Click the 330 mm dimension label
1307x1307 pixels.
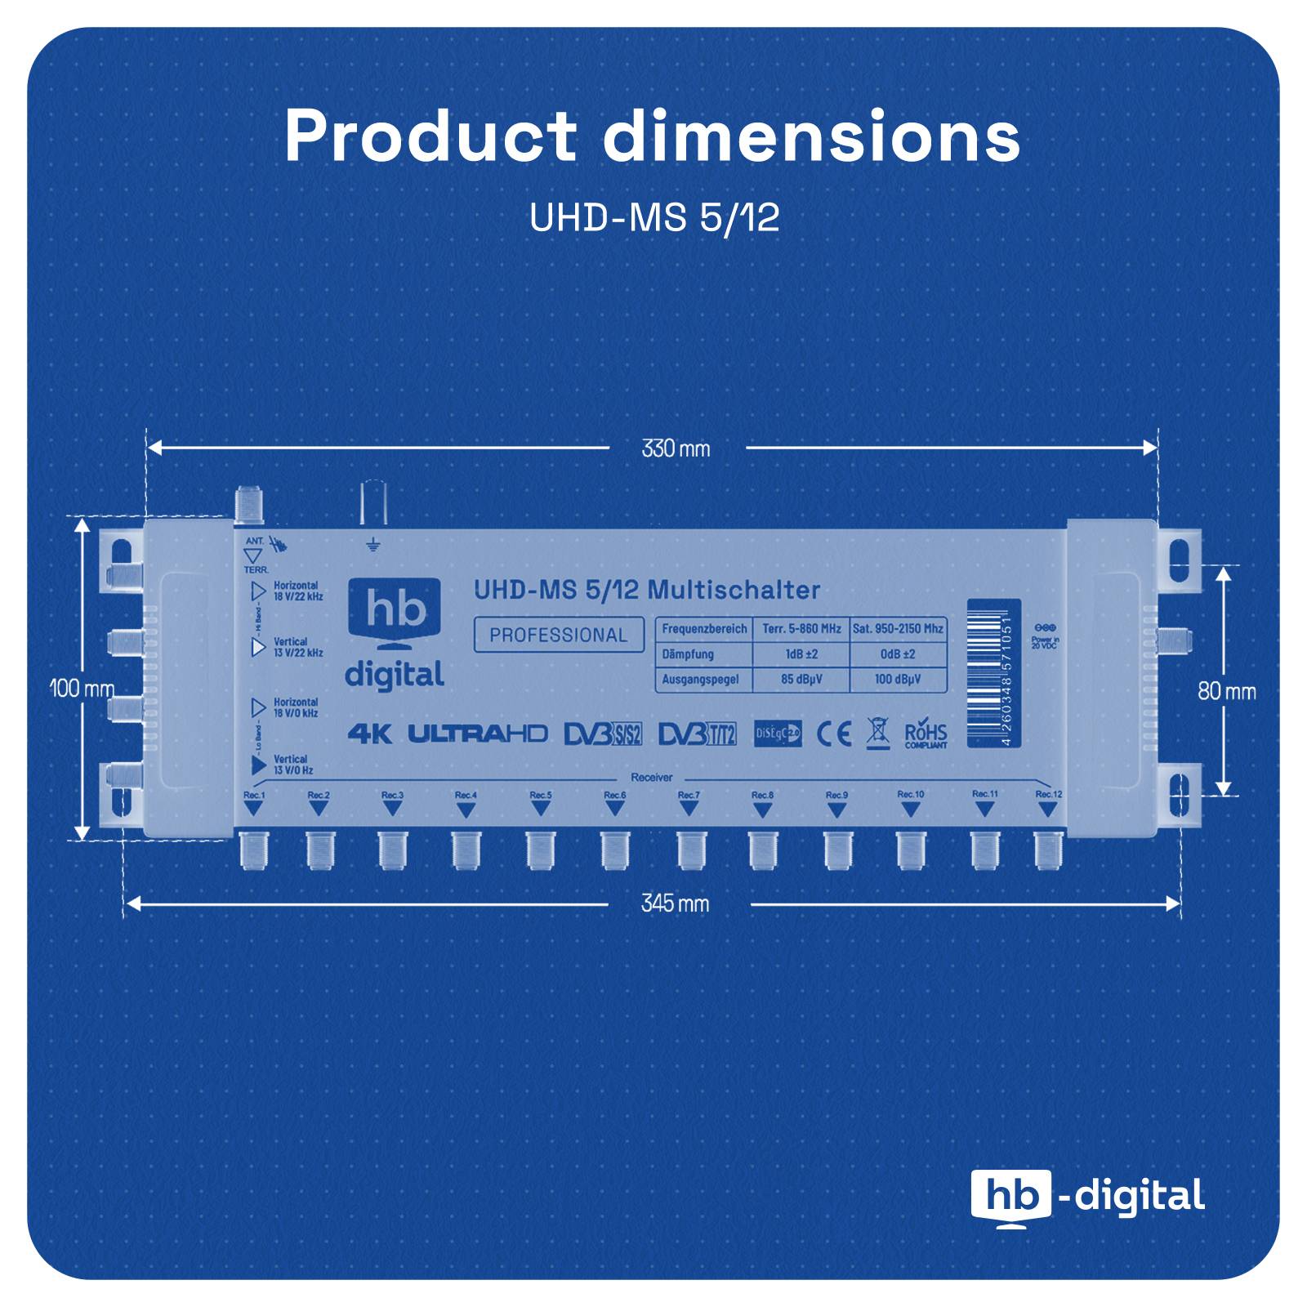[676, 448]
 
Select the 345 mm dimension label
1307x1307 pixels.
[675, 903]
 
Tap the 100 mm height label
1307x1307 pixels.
[82, 689]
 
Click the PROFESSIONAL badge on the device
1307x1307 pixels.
[559, 636]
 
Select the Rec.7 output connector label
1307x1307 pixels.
[689, 795]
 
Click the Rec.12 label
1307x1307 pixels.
[1048, 794]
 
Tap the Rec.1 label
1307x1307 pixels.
[254, 795]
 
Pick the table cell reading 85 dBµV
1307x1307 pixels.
[801, 679]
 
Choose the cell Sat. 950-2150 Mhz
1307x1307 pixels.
[898, 629]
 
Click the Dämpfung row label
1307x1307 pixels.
[688, 654]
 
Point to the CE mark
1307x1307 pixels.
[834, 733]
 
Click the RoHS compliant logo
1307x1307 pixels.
[926, 735]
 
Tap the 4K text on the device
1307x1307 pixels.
[369, 734]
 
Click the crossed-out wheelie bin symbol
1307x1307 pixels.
[877, 733]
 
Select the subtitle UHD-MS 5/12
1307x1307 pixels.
[653, 218]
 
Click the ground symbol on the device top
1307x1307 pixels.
[372, 545]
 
